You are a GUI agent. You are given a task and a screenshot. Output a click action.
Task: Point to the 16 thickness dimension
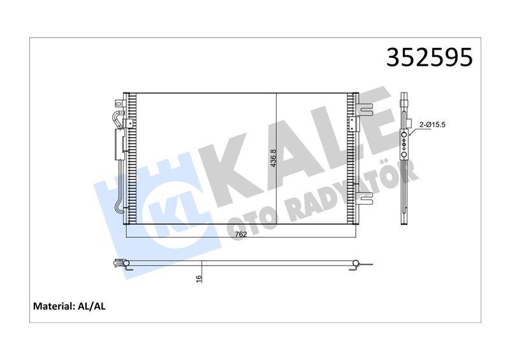[198, 278]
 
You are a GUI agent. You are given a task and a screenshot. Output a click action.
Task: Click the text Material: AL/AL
[69, 306]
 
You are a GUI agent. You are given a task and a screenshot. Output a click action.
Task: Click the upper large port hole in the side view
[404, 134]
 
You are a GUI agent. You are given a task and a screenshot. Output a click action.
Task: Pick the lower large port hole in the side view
[404, 155]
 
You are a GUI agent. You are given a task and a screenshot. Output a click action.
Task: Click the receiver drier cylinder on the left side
[119, 144]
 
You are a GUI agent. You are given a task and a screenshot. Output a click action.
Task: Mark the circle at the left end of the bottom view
[126, 263]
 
